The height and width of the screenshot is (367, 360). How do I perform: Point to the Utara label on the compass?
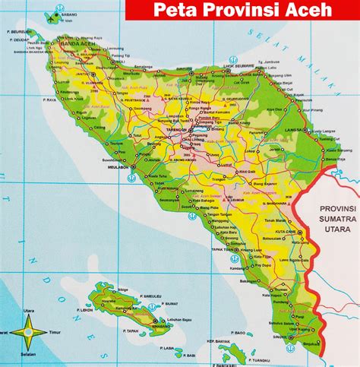coord(27,312)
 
